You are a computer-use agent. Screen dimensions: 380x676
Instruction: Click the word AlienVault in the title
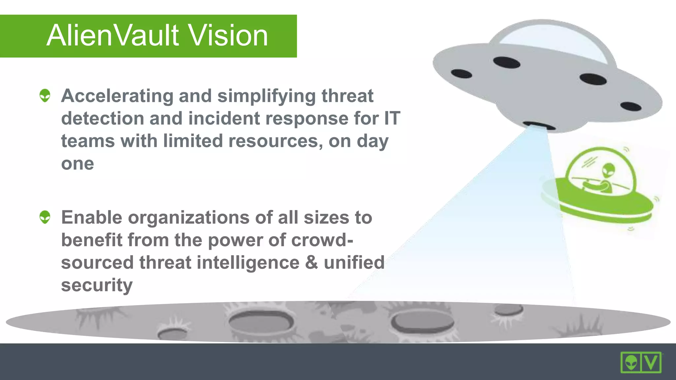[113, 36]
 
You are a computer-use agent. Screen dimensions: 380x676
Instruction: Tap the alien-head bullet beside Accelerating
[45, 95]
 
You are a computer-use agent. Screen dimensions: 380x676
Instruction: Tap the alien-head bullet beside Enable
[45, 217]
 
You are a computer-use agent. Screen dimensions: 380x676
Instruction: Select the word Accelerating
[117, 96]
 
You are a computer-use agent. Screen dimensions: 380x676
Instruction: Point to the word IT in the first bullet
[392, 118]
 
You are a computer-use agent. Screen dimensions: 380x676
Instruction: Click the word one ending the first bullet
[77, 164]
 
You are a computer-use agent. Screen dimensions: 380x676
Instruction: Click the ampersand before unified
[311, 263]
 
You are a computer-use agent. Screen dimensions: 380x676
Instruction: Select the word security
[96, 285]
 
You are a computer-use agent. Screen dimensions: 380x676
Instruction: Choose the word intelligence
[248, 263]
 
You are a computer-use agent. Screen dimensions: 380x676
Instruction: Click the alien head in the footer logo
[631, 363]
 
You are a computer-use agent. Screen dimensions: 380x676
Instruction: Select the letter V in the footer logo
[651, 363]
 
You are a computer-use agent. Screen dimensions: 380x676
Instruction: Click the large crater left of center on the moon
[261, 321]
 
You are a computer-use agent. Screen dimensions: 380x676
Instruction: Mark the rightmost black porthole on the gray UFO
[631, 106]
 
